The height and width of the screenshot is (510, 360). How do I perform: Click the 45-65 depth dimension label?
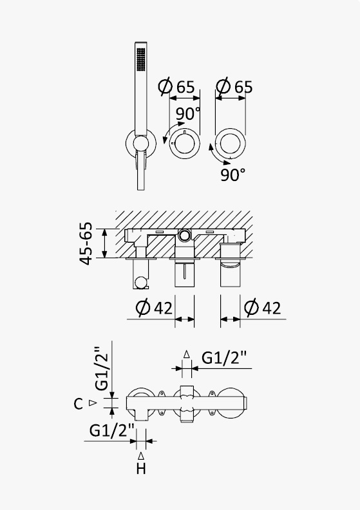(x=86, y=243)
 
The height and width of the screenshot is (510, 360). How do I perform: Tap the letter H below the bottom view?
(x=141, y=469)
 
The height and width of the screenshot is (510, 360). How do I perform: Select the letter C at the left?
(x=78, y=404)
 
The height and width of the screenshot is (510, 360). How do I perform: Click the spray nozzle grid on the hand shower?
(x=141, y=59)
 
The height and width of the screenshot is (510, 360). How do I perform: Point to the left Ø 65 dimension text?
(x=176, y=86)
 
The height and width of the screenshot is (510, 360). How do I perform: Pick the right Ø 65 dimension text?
(x=234, y=86)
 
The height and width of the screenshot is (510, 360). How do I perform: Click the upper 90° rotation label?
(x=188, y=114)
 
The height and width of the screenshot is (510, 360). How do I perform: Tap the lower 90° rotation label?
(x=233, y=175)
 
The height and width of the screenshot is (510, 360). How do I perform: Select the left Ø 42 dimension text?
(x=154, y=307)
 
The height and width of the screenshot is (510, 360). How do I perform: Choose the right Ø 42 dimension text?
(x=263, y=307)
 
